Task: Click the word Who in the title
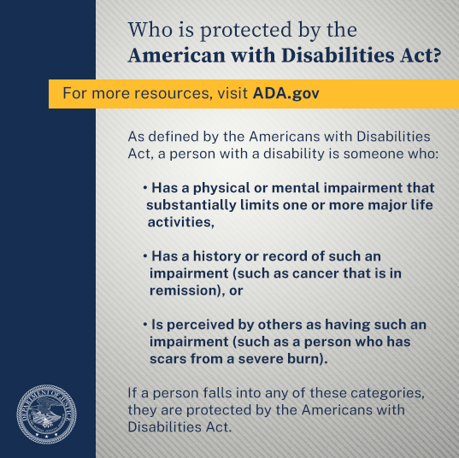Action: [x=150, y=30]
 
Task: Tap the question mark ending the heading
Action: [x=437, y=55]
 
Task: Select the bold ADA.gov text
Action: [x=285, y=93]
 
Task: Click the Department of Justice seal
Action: [x=46, y=414]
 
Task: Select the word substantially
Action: [x=191, y=205]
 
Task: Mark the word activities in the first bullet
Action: [x=180, y=222]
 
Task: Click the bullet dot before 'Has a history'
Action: [x=145, y=256]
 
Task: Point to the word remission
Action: [x=185, y=291]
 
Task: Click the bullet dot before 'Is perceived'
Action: [x=145, y=325]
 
